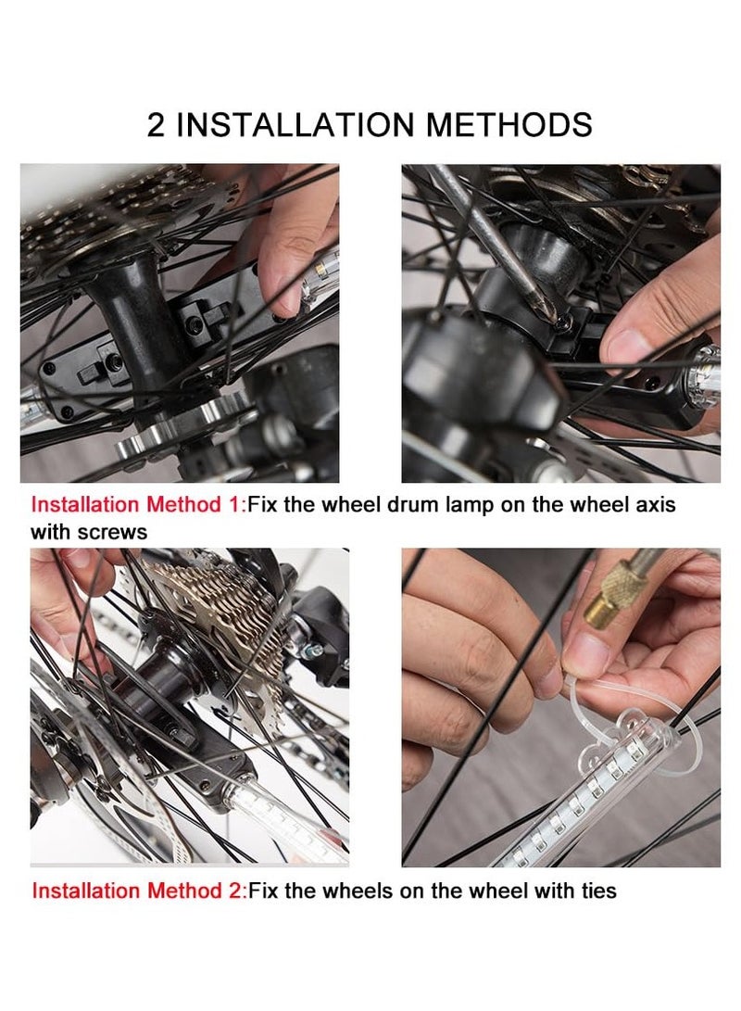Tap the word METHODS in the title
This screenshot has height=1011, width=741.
pyautogui.click(x=509, y=124)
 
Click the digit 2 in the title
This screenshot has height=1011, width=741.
pyautogui.click(x=156, y=124)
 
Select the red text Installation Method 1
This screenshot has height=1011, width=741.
pyautogui.click(x=135, y=504)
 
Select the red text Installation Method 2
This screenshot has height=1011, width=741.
pyautogui.click(x=136, y=891)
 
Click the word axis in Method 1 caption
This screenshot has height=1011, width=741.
pyautogui.click(x=655, y=504)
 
